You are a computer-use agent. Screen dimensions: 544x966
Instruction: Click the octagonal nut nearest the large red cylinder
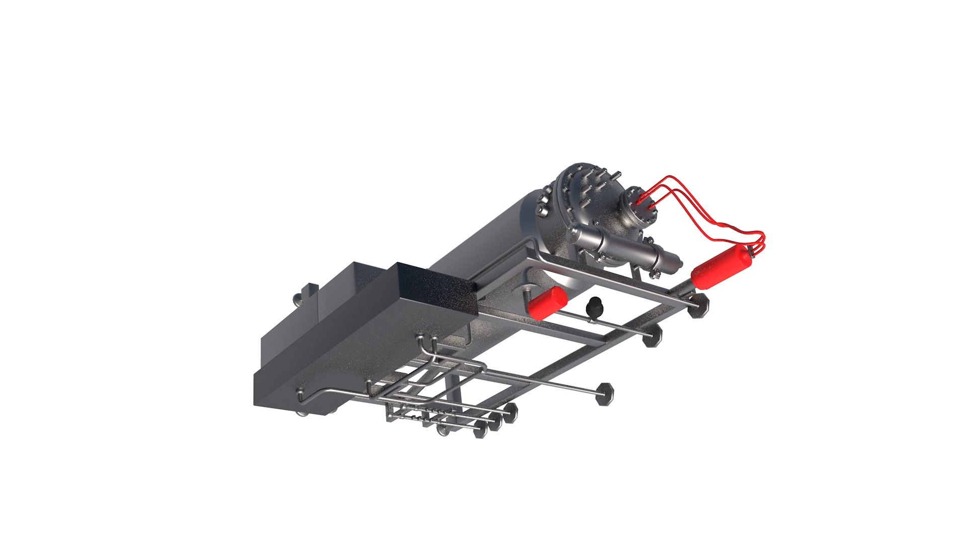pos(699,306)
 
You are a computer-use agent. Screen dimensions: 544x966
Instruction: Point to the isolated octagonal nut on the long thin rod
pos(604,393)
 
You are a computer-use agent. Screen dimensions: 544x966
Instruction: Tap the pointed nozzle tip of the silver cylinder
pos(677,262)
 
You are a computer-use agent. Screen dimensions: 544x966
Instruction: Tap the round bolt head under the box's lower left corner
pos(301,414)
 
